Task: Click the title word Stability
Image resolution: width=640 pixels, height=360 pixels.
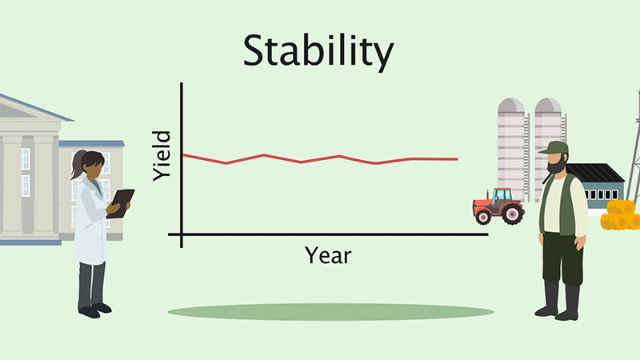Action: click(x=318, y=52)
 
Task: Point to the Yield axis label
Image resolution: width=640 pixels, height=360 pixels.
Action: click(x=162, y=155)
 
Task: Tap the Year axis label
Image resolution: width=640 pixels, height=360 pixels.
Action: click(x=328, y=256)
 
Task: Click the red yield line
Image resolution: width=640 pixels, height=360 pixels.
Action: click(x=320, y=159)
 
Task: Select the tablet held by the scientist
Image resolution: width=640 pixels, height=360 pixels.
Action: click(x=121, y=203)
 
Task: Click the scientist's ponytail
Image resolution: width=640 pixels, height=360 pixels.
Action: click(x=77, y=165)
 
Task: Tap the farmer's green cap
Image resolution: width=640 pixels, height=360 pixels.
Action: click(x=554, y=148)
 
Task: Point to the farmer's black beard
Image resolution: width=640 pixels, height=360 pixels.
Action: click(x=557, y=165)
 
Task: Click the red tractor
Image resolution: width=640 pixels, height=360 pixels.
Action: click(x=498, y=206)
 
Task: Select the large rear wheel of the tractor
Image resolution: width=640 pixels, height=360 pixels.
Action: click(x=513, y=214)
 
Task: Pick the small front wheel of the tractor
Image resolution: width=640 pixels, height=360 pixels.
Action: click(x=483, y=217)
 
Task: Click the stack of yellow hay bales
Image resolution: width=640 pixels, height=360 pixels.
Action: click(x=620, y=215)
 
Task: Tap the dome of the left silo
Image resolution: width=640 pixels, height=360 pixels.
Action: click(x=510, y=105)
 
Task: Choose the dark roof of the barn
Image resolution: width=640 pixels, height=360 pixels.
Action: click(x=595, y=173)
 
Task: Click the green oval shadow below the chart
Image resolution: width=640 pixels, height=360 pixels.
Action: click(x=331, y=312)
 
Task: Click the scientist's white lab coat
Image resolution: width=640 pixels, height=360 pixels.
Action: click(x=90, y=221)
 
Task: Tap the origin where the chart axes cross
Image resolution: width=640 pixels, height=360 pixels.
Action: click(x=182, y=234)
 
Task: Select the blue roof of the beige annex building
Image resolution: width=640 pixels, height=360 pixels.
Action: click(x=91, y=143)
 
